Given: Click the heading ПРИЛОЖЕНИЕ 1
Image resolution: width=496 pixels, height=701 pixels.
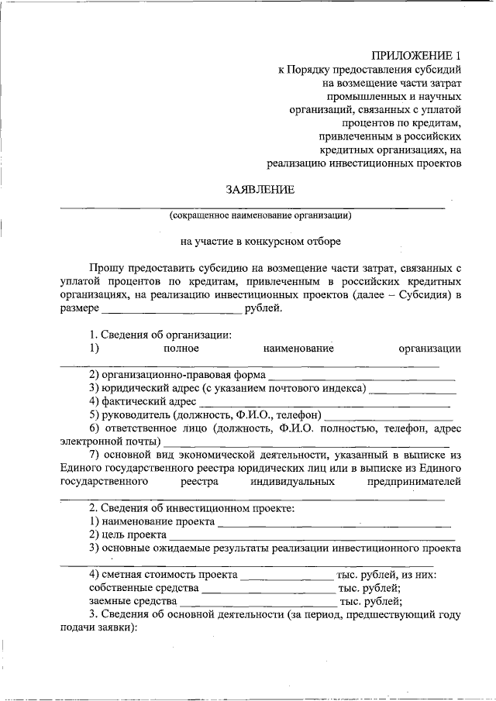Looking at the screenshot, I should point(415,56).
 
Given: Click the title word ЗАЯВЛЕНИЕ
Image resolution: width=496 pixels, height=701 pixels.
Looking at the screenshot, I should point(260,190).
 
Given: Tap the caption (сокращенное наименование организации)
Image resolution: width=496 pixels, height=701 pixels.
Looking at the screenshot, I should point(261,215).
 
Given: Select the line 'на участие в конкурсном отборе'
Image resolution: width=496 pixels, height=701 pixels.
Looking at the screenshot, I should point(260,241).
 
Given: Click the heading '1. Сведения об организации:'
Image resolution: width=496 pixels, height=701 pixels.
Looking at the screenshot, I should point(160,335).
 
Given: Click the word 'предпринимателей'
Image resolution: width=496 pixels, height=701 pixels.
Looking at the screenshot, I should point(415,482).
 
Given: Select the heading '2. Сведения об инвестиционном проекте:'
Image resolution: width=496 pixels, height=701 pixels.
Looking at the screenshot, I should point(191,508).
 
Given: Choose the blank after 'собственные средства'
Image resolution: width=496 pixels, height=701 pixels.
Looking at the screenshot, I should point(263,589).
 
